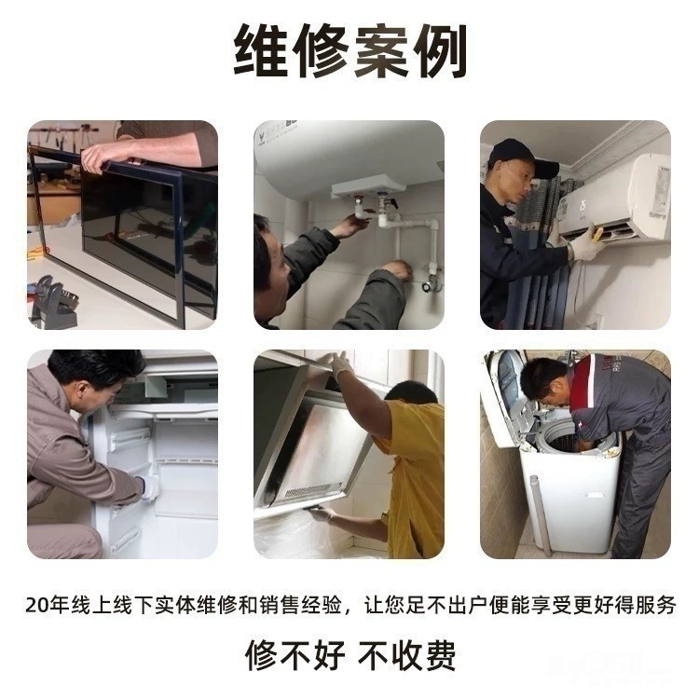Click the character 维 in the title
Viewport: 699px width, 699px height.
point(261,50)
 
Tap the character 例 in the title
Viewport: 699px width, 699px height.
point(440,50)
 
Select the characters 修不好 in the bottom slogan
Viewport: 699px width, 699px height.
point(295,655)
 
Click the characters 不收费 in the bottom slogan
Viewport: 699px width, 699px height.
point(406,655)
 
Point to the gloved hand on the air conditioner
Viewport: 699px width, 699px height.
point(585,243)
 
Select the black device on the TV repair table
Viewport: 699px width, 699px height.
point(52,303)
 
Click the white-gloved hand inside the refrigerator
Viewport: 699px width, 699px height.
point(150,488)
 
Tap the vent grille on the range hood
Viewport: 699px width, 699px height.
point(313,490)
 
